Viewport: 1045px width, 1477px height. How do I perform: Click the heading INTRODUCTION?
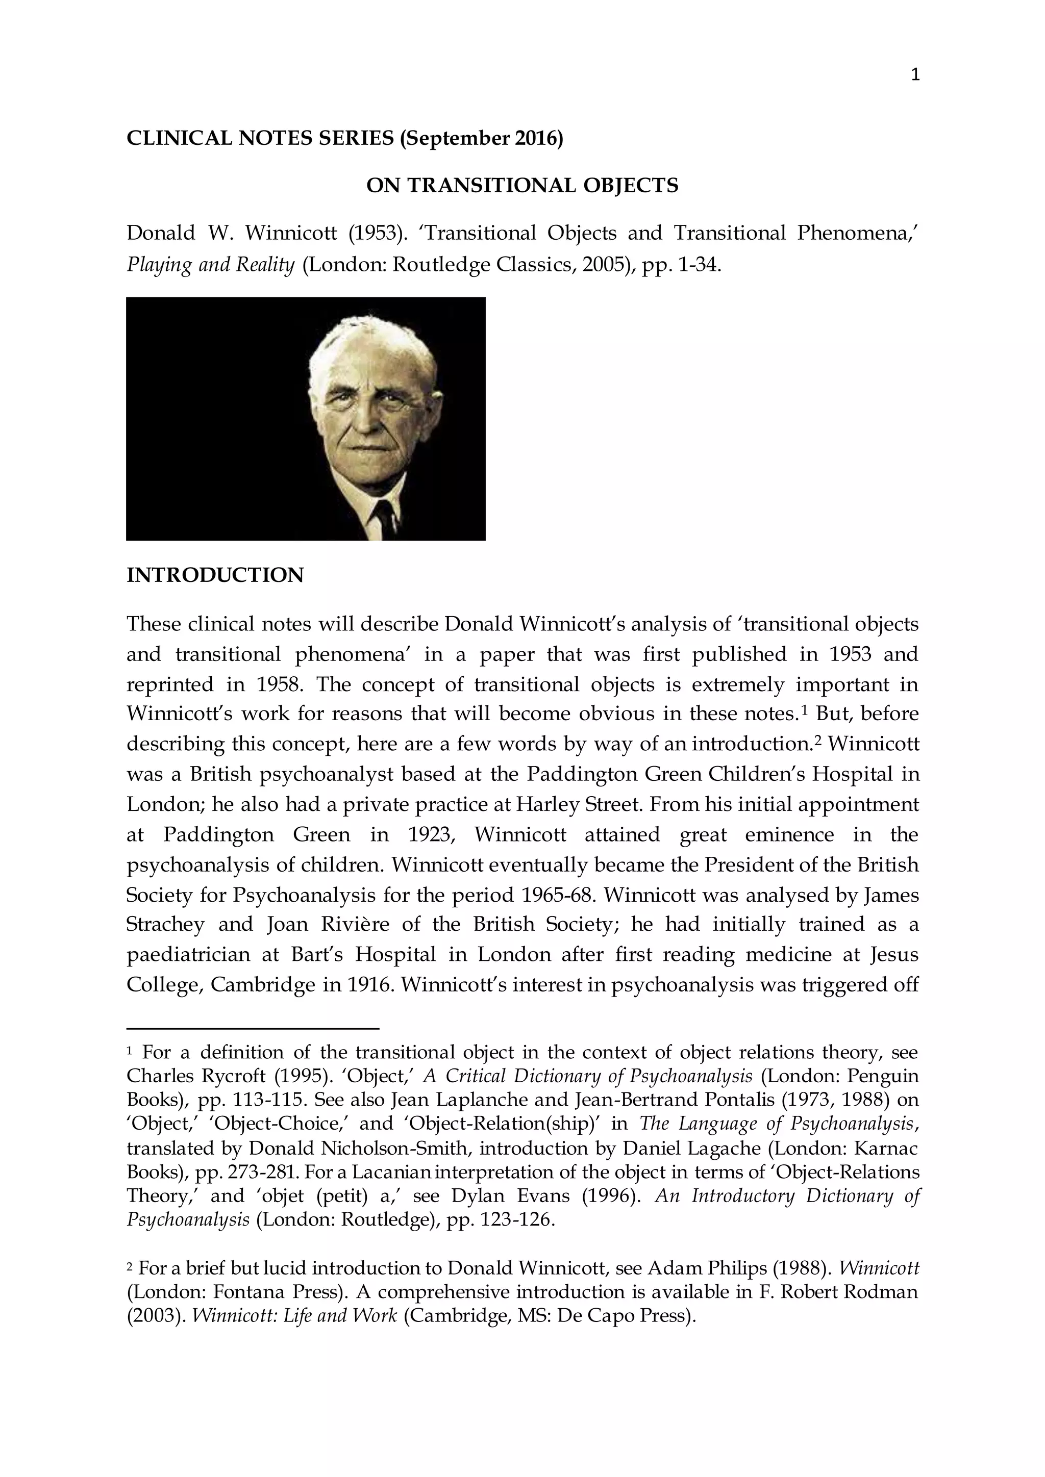tap(215, 575)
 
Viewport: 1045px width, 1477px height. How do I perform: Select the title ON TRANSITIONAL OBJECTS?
tap(522, 186)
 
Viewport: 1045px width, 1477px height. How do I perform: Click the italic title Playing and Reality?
tap(210, 265)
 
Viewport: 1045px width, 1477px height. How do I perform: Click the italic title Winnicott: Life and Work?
tap(295, 1316)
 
